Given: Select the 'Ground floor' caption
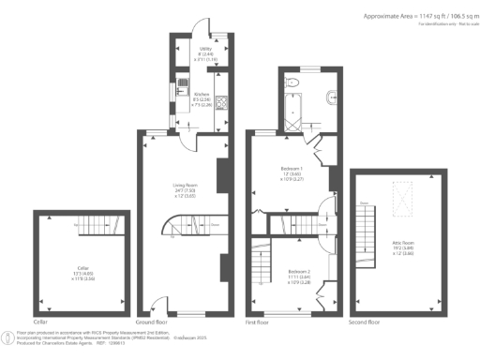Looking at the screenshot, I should pos(151,322).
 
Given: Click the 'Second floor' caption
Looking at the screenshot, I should pos(364,322).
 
